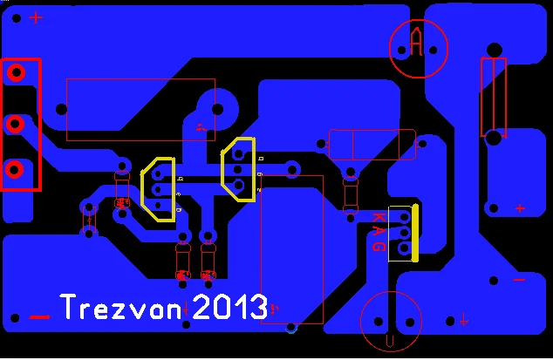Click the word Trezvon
point(121,307)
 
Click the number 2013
point(229,306)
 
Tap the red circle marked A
point(418,48)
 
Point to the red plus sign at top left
point(36,17)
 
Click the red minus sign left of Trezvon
point(39,316)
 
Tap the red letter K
point(379,216)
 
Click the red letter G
point(379,247)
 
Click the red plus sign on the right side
point(520,208)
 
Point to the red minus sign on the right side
point(520,280)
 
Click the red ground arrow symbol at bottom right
point(464,319)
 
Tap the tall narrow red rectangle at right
point(493,97)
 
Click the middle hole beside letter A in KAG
point(404,232)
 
